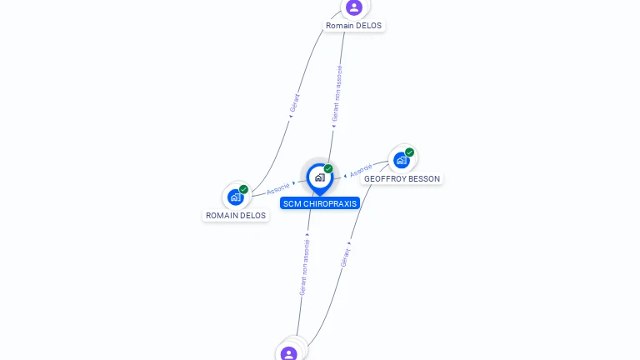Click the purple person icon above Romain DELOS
354,7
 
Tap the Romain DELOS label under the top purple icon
353,26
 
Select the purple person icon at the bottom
289,353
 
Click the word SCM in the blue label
292,203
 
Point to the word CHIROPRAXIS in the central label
330,203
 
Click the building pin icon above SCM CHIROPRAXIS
319,177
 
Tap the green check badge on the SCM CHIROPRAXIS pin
328,168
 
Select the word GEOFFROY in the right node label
383,179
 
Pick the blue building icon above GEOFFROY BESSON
402,160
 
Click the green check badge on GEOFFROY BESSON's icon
410,152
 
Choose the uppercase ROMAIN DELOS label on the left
236,216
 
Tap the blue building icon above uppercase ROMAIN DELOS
235,197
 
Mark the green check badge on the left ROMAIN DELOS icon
243,189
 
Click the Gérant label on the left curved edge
294,103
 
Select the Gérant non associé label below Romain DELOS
337,92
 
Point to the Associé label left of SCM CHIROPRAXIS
278,188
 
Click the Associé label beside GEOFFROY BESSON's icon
361,171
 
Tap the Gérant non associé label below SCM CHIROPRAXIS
305,267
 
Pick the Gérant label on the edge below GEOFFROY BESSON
345,257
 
